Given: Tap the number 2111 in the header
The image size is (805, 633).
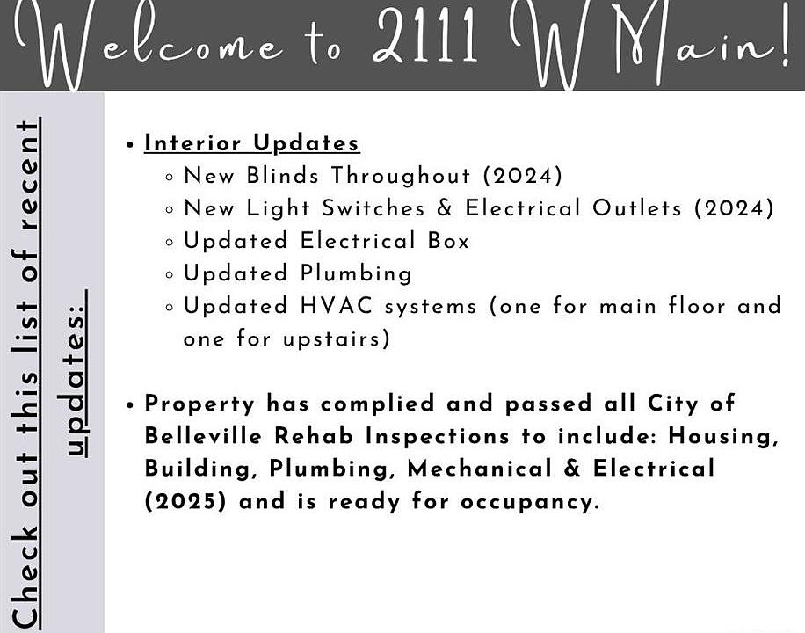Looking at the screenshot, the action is coord(425,36).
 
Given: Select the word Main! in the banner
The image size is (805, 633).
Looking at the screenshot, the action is coord(700,44).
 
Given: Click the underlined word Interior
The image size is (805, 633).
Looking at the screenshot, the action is coord(192,142).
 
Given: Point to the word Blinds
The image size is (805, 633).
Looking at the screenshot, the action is coord(282,175).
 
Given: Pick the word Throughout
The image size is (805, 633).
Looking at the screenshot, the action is coord(401,176).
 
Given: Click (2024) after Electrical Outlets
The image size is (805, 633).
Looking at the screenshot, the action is coord(734,208).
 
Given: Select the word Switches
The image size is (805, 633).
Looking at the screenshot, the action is coord(373,208).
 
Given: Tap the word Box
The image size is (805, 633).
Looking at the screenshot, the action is coord(448,241).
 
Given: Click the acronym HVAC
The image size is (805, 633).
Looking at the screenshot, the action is coord(337,306).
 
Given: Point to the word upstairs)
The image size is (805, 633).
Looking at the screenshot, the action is coord(337,339).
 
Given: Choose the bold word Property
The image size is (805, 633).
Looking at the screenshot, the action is coord(199,404).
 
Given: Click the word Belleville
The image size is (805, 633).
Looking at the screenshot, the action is coord(204,436).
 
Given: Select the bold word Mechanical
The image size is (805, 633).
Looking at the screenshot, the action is coord(480,469).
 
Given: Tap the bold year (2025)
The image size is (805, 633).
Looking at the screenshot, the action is coord(185,501).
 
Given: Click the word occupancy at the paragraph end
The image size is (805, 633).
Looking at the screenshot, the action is coord(529,502).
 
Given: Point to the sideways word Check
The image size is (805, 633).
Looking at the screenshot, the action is coord(25,577).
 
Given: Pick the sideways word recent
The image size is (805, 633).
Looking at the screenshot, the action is coord(26,175).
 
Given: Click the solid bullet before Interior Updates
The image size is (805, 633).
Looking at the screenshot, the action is coord(129,145).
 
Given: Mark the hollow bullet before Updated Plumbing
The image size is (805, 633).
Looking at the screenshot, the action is coord(170,275).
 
